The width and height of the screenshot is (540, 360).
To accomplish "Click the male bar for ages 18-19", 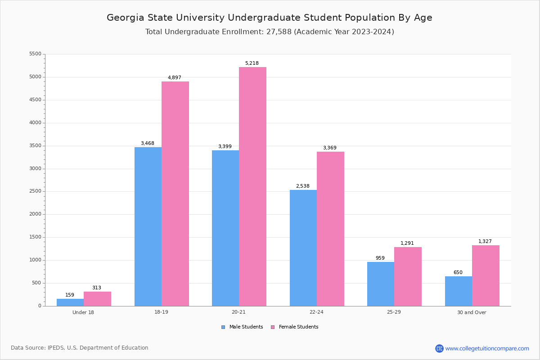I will [148, 226].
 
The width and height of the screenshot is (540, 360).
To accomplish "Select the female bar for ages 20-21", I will [252, 186].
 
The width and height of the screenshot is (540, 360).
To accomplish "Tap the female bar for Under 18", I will [97, 299].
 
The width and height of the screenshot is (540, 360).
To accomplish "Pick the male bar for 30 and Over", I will [459, 291].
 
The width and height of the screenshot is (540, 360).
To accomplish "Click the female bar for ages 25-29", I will [408, 276].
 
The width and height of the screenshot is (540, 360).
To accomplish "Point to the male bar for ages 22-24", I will [303, 248].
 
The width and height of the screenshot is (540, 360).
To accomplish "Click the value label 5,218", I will [252, 63].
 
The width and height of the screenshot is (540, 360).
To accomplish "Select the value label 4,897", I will [175, 78].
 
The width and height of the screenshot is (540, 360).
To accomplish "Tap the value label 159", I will [70, 295].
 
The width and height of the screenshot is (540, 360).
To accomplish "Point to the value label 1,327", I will [485, 242].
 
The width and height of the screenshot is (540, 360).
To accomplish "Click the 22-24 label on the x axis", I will [316, 312].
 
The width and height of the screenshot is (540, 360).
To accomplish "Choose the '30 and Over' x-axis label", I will [472, 312].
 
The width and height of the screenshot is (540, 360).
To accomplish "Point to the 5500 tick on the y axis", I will [35, 54].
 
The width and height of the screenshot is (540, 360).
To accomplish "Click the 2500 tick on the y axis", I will [35, 191].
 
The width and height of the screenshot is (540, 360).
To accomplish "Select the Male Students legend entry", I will [246, 327].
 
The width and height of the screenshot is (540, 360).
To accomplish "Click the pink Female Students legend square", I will [273, 327].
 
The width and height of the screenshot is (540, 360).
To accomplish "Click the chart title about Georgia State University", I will [270, 18].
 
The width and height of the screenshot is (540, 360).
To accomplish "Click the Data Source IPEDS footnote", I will [80, 348].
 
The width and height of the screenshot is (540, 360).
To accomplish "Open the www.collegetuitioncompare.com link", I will [487, 348].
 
